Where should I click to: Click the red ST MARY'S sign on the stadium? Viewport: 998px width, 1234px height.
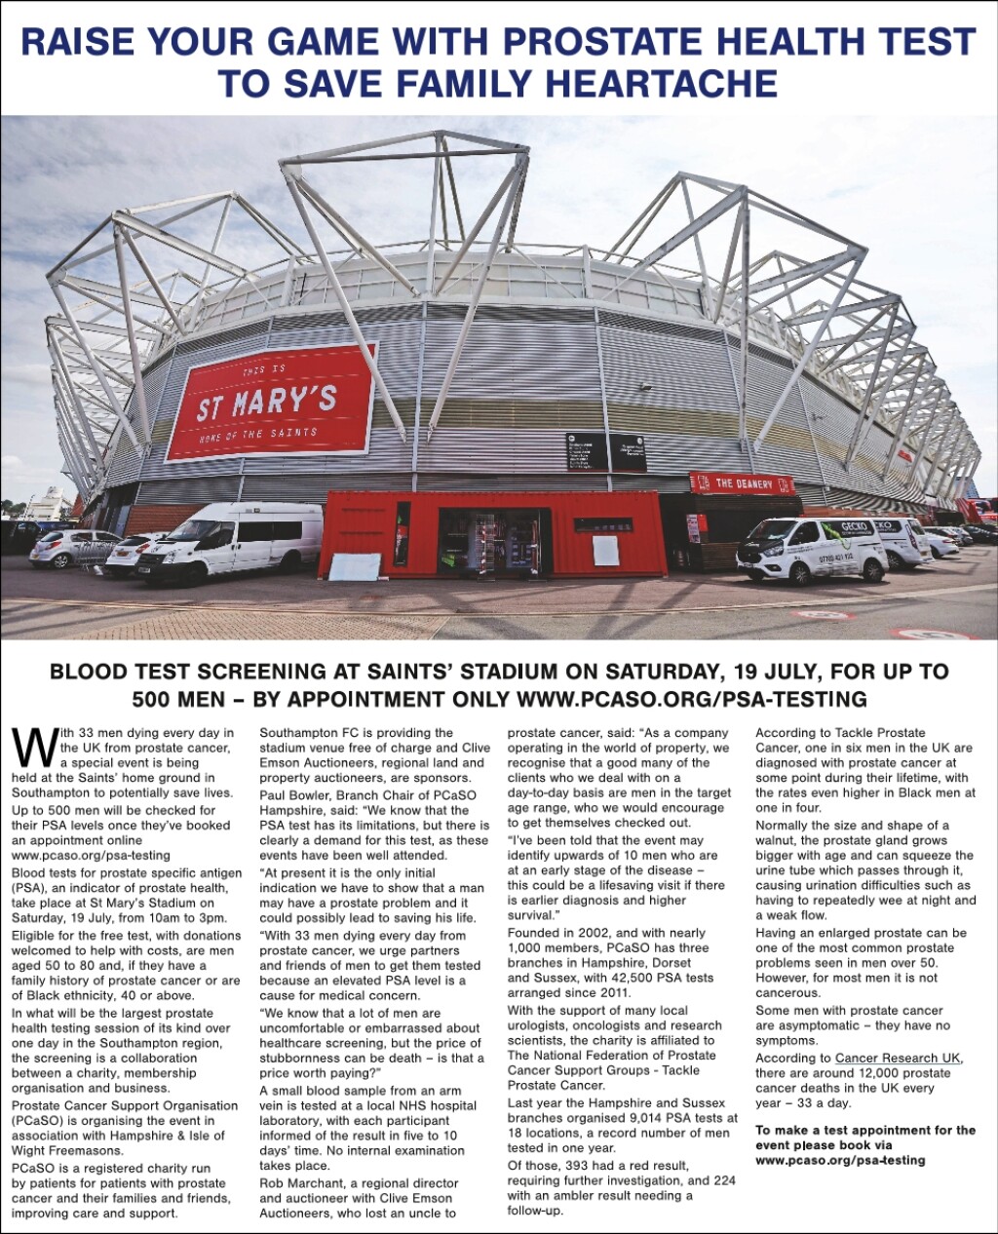pyautogui.click(x=269, y=401)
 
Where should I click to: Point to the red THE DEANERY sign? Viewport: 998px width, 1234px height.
pyautogui.click(x=742, y=482)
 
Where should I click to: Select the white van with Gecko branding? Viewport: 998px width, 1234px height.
pyautogui.click(x=811, y=550)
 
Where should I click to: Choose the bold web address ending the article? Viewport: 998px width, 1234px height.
pyautogui.click(x=840, y=1160)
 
